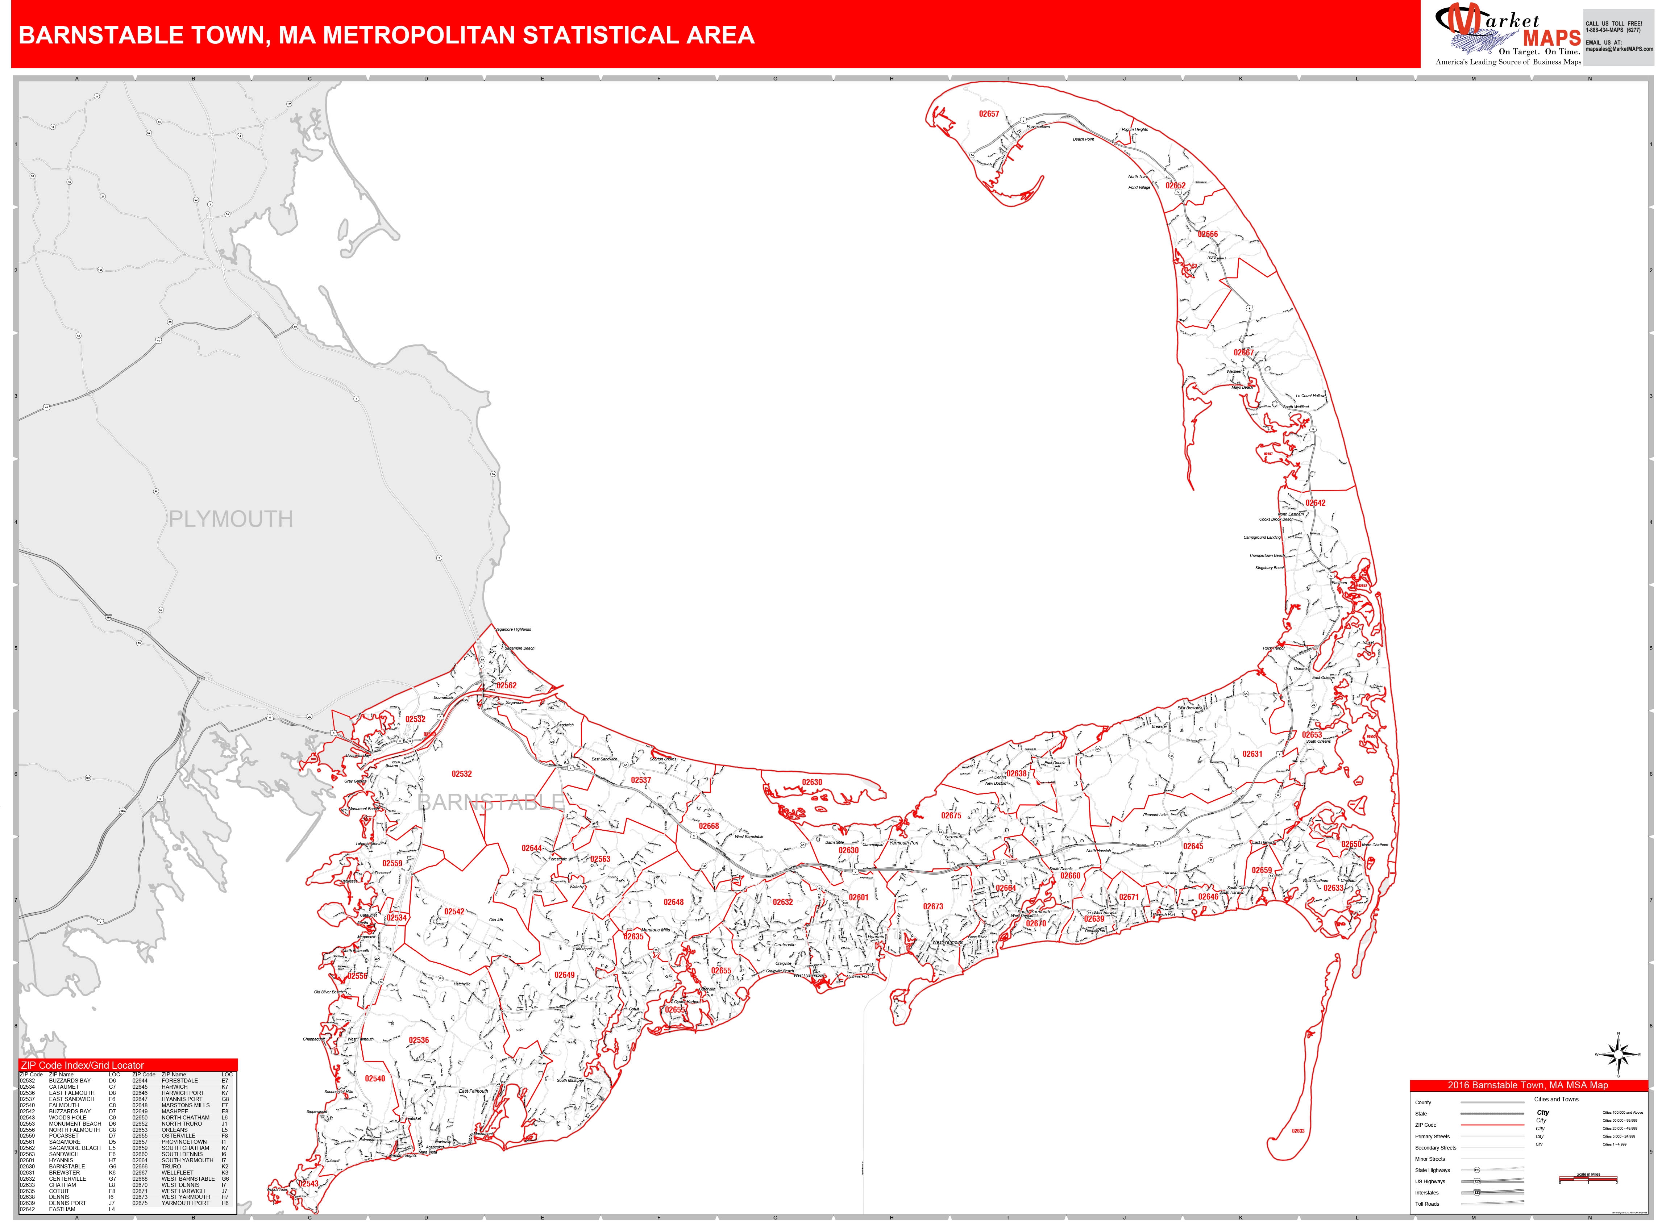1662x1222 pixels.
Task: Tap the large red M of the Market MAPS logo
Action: pos(1464,22)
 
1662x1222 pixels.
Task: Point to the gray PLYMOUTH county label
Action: pos(231,519)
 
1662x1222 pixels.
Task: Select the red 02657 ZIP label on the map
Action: pos(989,114)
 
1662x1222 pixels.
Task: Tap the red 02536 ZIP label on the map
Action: pos(419,1040)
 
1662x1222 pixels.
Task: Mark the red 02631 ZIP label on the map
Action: pos(1252,754)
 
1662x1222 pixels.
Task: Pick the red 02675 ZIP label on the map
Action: pos(951,815)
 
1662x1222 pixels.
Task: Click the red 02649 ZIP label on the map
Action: pos(565,975)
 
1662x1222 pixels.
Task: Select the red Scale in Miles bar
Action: pos(1588,1179)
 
